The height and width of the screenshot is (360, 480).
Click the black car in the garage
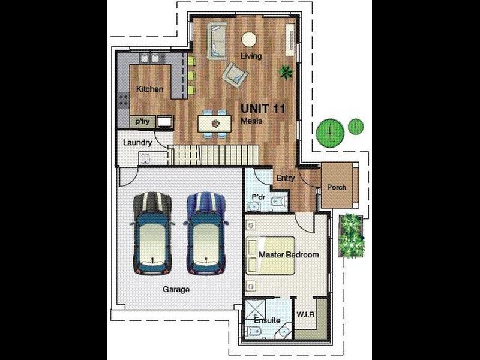pyautogui.click(x=152, y=233)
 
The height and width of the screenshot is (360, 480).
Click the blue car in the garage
pyautogui.click(x=206, y=233)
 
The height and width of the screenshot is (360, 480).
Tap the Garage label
pyautogui.click(x=176, y=289)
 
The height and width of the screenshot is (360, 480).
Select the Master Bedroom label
pyautogui.click(x=289, y=254)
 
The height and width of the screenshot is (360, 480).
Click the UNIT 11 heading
pyautogui.click(x=263, y=109)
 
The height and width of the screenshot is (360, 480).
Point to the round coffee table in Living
pyautogui.click(x=249, y=40)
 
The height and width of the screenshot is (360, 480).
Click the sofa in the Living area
pyautogui.click(x=217, y=41)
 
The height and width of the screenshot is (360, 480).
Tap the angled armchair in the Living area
pyautogui.click(x=235, y=76)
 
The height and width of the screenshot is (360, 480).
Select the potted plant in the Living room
pyautogui.click(x=286, y=73)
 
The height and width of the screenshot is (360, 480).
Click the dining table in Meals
pyautogui.click(x=214, y=124)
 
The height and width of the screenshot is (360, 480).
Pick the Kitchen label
pyautogui.click(x=149, y=89)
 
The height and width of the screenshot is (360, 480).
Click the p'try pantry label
pyautogui.click(x=143, y=122)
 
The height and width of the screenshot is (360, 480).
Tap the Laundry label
pyautogui.click(x=137, y=143)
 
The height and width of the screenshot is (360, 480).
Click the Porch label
pyautogui.click(x=337, y=187)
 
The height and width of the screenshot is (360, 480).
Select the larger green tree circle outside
pyautogui.click(x=331, y=133)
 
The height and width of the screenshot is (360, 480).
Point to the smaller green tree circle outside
pyautogui.click(x=356, y=126)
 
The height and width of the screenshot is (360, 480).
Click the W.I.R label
pyautogui.click(x=305, y=314)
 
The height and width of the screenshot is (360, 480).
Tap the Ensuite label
pyautogui.click(x=267, y=320)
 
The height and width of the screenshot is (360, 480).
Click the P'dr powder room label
pyautogui.click(x=259, y=197)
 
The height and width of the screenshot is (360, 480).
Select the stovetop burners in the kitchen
pyautogui.click(x=124, y=100)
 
